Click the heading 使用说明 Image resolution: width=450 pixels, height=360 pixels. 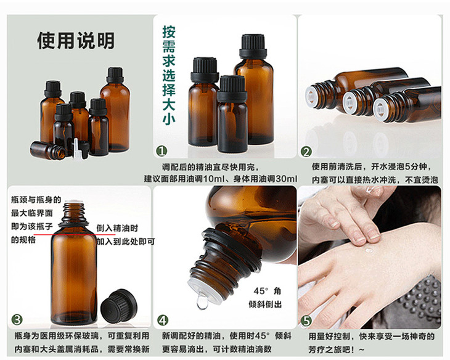76,41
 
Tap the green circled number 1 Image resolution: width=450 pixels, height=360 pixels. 162,151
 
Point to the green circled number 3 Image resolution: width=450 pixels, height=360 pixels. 17,319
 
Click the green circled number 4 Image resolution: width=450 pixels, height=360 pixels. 163,321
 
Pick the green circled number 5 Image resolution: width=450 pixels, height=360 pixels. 306,321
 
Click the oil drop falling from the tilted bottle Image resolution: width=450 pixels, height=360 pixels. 202,302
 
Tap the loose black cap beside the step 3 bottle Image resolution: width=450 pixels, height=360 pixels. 119,305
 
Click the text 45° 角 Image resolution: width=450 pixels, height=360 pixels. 267,291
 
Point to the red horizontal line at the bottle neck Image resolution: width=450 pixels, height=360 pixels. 75,235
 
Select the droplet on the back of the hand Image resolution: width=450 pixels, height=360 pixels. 369,251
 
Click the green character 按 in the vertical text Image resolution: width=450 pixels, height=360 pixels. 169,32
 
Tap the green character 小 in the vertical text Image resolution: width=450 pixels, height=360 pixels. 169,118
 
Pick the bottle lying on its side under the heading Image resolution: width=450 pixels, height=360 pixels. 48,150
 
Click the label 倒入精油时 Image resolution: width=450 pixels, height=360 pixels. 117,229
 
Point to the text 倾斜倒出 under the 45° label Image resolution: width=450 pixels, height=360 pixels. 265,305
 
